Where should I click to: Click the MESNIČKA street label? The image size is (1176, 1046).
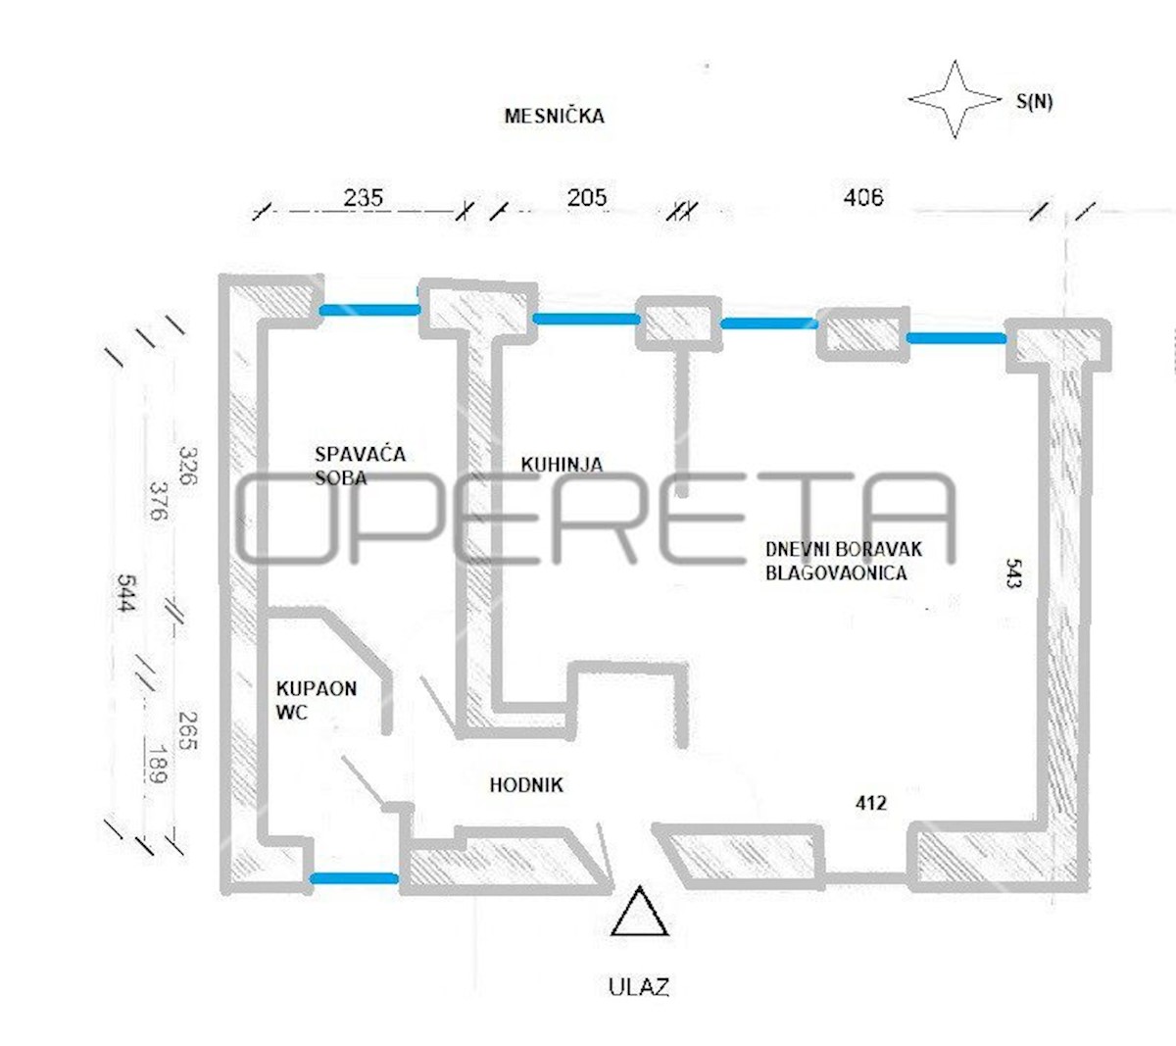click(554, 116)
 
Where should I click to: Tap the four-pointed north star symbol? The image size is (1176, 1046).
click(955, 99)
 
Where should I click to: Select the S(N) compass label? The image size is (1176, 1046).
click(1034, 102)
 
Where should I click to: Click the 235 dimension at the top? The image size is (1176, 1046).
click(364, 198)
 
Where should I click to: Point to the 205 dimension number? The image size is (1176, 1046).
click(587, 198)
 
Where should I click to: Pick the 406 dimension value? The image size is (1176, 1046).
click(863, 197)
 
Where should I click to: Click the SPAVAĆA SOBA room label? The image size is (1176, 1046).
click(360, 466)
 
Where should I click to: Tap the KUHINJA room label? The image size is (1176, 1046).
click(562, 464)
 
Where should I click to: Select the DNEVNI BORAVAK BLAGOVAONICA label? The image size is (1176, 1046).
click(844, 561)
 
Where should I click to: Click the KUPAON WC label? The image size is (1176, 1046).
click(316, 700)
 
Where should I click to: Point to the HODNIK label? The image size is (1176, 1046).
click(526, 785)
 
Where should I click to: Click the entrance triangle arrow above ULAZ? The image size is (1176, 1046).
click(639, 912)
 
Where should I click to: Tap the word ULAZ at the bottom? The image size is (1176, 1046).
click(639, 987)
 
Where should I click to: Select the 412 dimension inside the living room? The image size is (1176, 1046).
click(871, 803)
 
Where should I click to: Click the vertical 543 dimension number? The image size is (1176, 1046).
click(1013, 573)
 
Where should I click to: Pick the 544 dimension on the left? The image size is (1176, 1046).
click(126, 593)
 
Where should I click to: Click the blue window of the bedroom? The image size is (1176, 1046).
click(369, 310)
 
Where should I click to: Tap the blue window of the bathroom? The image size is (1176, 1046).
click(355, 878)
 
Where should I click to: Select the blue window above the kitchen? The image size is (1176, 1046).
click(586, 319)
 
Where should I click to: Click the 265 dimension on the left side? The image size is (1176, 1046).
click(188, 730)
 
